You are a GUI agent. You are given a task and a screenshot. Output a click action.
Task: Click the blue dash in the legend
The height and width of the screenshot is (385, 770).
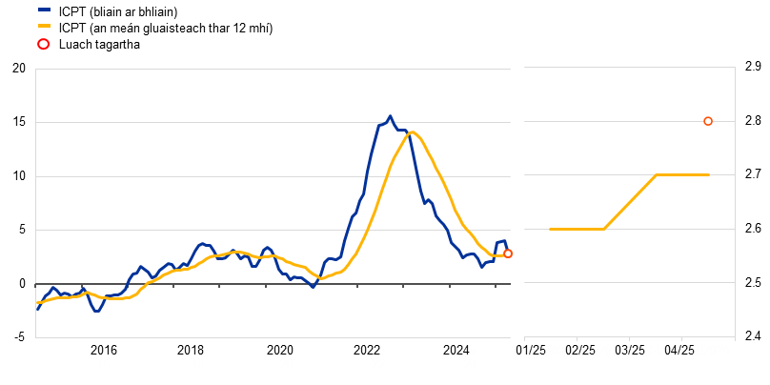44,10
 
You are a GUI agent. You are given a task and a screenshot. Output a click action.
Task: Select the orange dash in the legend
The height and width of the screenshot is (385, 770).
44,26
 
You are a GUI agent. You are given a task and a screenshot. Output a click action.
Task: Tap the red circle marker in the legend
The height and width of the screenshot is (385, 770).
43,44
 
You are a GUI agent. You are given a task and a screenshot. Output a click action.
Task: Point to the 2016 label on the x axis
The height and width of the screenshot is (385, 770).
103,356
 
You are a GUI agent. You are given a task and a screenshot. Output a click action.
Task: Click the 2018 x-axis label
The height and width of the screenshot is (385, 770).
198,356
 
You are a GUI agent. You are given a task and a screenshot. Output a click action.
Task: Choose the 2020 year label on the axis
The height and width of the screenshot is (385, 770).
287,356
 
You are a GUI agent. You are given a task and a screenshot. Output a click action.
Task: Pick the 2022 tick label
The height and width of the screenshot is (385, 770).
378,356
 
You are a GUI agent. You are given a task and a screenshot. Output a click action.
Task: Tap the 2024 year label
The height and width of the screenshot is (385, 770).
471,356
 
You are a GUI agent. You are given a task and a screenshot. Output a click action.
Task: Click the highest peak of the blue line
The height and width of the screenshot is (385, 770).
390,116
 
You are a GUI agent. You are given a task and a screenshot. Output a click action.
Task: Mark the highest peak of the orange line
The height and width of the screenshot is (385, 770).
412,132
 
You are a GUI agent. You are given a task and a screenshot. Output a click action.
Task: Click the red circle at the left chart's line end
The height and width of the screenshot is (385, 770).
508,253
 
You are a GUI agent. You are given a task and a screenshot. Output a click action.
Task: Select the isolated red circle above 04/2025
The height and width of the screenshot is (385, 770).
708,121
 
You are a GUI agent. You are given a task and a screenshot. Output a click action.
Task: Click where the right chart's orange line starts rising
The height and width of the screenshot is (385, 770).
605,229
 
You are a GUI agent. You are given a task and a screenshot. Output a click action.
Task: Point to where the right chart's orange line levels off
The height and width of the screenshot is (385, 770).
658,175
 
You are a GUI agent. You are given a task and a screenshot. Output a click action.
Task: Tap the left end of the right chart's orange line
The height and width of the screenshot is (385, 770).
550,229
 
